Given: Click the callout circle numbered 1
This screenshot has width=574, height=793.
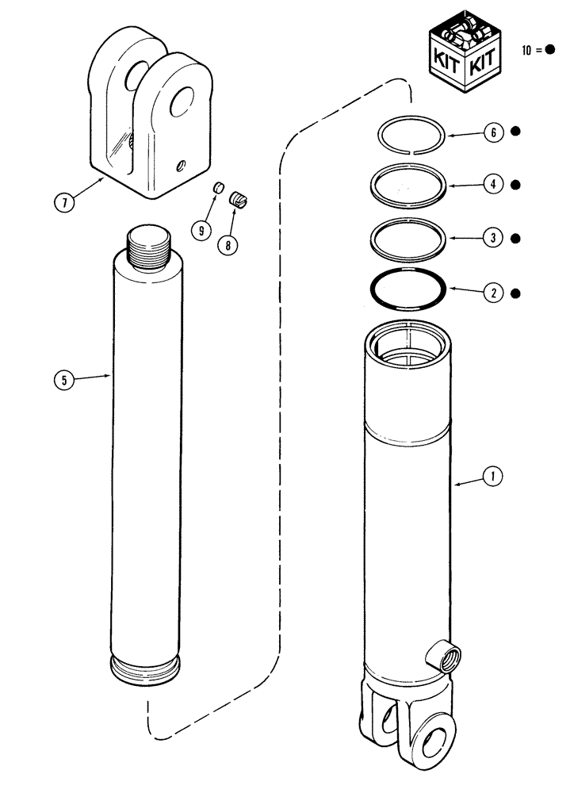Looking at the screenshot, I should [493, 477].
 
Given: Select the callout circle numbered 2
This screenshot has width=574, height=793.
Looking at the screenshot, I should [493, 293].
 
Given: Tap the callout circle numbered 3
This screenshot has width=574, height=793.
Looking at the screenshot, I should [493, 238].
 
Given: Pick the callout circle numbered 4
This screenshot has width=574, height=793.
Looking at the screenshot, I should [493, 185].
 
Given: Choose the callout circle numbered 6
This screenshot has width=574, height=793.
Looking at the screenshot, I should [493, 132].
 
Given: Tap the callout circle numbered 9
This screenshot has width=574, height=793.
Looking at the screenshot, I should [201, 230].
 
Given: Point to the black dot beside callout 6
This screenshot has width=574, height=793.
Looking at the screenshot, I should [515, 132].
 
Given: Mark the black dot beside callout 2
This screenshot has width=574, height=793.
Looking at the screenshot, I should [515, 293].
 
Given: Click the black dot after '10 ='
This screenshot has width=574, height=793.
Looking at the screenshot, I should [550, 50].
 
